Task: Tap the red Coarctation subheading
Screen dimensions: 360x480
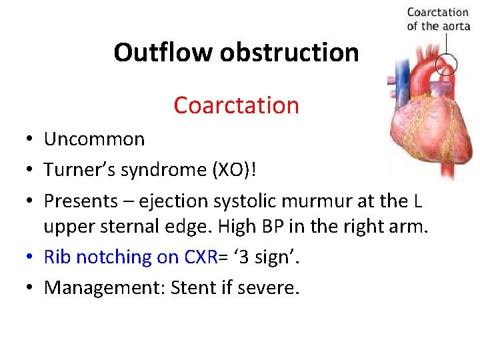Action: click(236, 105)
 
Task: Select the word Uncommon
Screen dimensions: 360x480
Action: click(94, 139)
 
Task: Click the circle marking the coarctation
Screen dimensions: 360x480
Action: click(446, 65)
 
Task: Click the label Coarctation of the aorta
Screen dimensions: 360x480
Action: click(437, 19)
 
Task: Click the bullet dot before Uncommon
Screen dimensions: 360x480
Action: click(31, 140)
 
